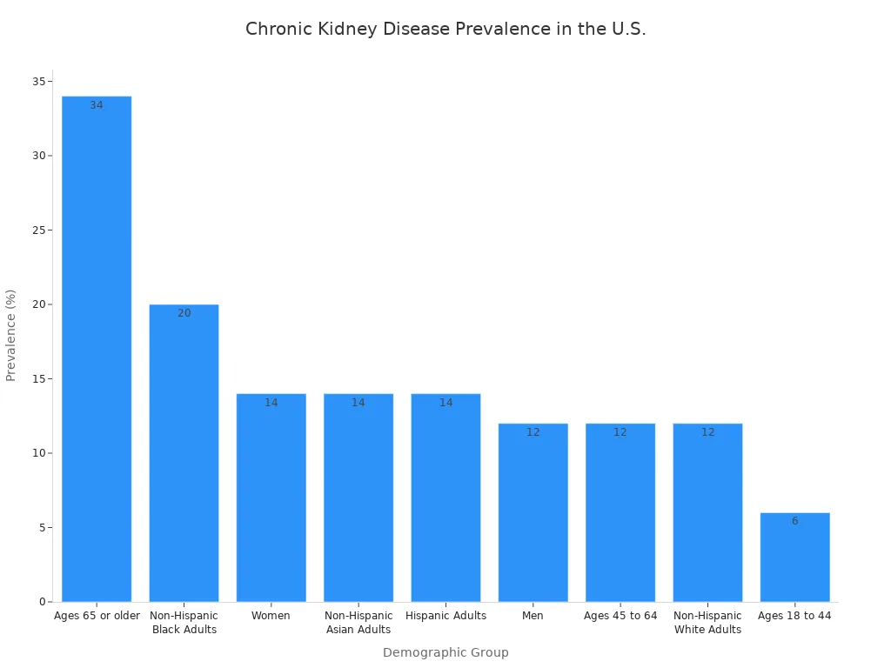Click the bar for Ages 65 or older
[x=97, y=348]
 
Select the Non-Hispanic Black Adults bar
[x=184, y=452]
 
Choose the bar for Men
[x=533, y=512]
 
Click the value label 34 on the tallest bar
[x=97, y=105]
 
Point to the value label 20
[x=184, y=313]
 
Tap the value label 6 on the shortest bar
[x=794, y=521]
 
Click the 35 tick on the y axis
[x=39, y=82]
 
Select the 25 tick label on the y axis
[x=39, y=230]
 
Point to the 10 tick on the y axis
[x=39, y=453]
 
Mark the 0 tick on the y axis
[x=43, y=602]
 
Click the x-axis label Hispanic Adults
[x=445, y=616]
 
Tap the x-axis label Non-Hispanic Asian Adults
[x=358, y=623]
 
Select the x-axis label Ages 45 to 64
[x=620, y=616]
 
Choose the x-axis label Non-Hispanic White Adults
[x=707, y=623]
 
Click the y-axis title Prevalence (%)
[x=11, y=335]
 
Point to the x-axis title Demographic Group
[x=445, y=652]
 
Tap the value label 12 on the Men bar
[x=533, y=432]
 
